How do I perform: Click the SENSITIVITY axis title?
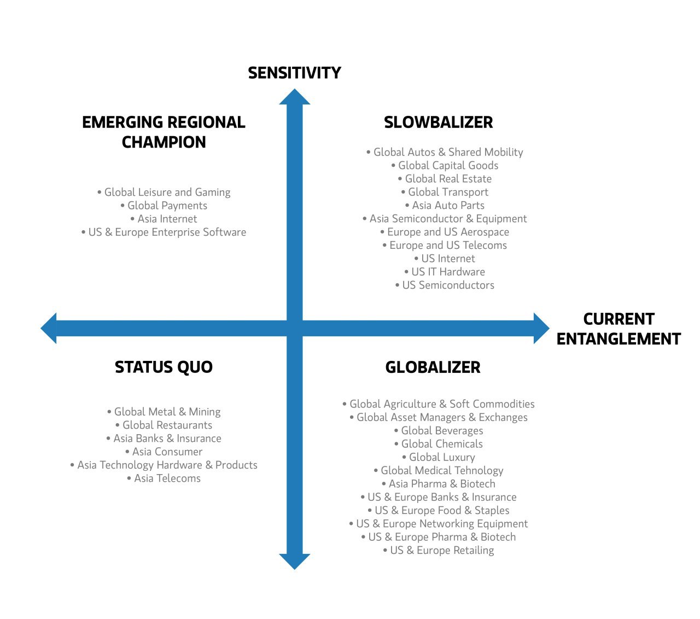[294, 73]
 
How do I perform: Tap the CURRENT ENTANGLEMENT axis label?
[619, 329]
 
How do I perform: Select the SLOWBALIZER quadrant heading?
[438, 122]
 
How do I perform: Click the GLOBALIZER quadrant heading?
[433, 367]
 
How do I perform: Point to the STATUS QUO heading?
[164, 367]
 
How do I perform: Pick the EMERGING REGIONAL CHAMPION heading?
[164, 132]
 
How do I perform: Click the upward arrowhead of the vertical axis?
[294, 96]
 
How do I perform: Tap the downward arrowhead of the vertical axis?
[294, 562]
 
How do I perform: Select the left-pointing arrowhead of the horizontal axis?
[48, 328]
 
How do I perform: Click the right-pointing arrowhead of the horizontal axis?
[541, 328]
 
